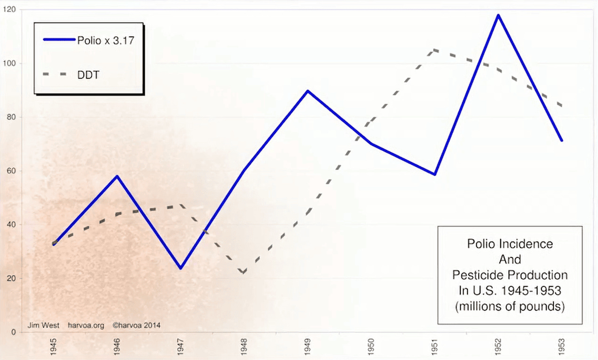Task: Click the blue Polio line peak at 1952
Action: (x=498, y=15)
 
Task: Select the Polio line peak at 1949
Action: (x=307, y=91)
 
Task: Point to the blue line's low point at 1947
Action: (x=181, y=268)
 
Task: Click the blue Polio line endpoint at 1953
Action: (x=561, y=140)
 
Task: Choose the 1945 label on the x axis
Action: (x=53, y=346)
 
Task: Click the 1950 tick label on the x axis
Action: (x=371, y=346)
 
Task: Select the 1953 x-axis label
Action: (x=562, y=346)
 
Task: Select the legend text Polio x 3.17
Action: (x=106, y=40)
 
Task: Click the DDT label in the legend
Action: (x=88, y=74)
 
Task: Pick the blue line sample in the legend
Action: (x=59, y=40)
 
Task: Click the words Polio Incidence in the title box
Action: (x=510, y=244)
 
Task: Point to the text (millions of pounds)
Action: (x=510, y=307)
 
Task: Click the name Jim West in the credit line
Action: (x=43, y=325)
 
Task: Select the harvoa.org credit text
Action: (x=86, y=325)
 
